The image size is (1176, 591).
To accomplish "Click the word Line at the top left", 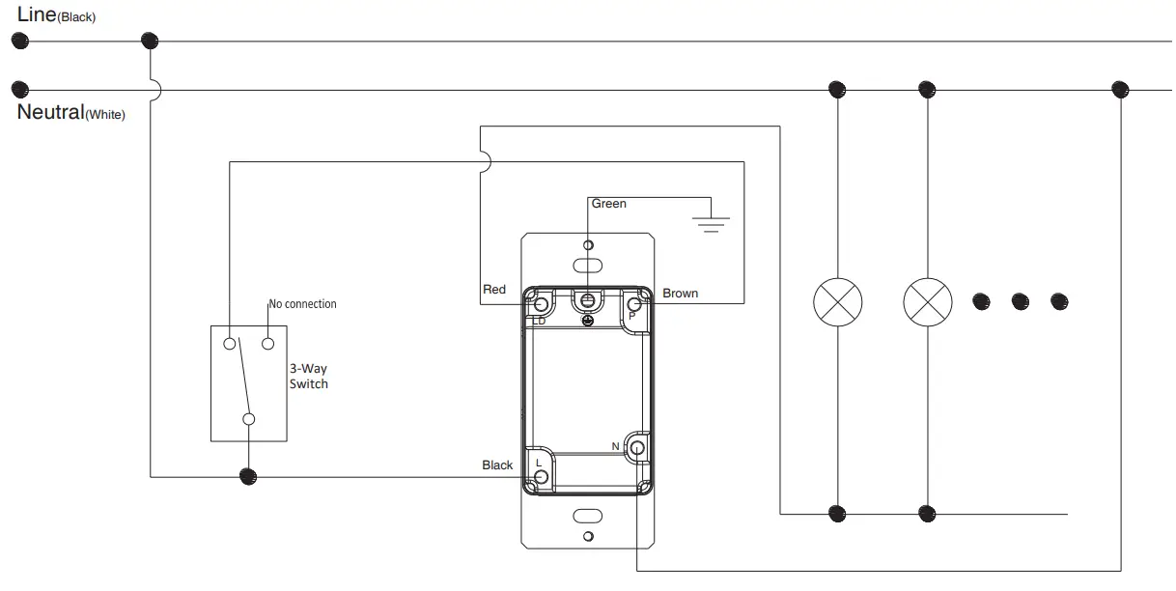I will point(36,14).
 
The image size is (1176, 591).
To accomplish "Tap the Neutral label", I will point(50,113).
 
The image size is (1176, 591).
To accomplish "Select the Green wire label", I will point(608,204).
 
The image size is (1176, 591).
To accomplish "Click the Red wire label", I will point(493,290).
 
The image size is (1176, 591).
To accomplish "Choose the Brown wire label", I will point(680,293).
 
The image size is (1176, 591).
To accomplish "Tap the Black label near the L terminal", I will point(497,465).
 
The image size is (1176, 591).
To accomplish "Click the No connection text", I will point(302,304).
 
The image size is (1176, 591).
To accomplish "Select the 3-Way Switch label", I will point(308,377).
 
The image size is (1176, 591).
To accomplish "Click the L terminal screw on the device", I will point(541,476).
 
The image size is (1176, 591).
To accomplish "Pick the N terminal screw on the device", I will point(636,447).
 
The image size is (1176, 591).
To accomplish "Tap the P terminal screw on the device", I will point(635,305).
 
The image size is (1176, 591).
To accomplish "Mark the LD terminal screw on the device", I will point(541,305).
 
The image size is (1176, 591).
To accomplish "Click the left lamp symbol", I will point(837,303).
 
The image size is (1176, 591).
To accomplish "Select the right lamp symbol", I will point(927,303).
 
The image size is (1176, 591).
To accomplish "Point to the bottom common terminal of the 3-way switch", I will point(249,419).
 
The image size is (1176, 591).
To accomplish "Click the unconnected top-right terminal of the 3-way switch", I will point(267,343).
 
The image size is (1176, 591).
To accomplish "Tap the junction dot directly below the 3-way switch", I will point(248,476).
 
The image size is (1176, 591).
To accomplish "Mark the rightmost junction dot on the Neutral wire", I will point(1120,89).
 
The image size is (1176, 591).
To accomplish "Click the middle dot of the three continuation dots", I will point(1020,302).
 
